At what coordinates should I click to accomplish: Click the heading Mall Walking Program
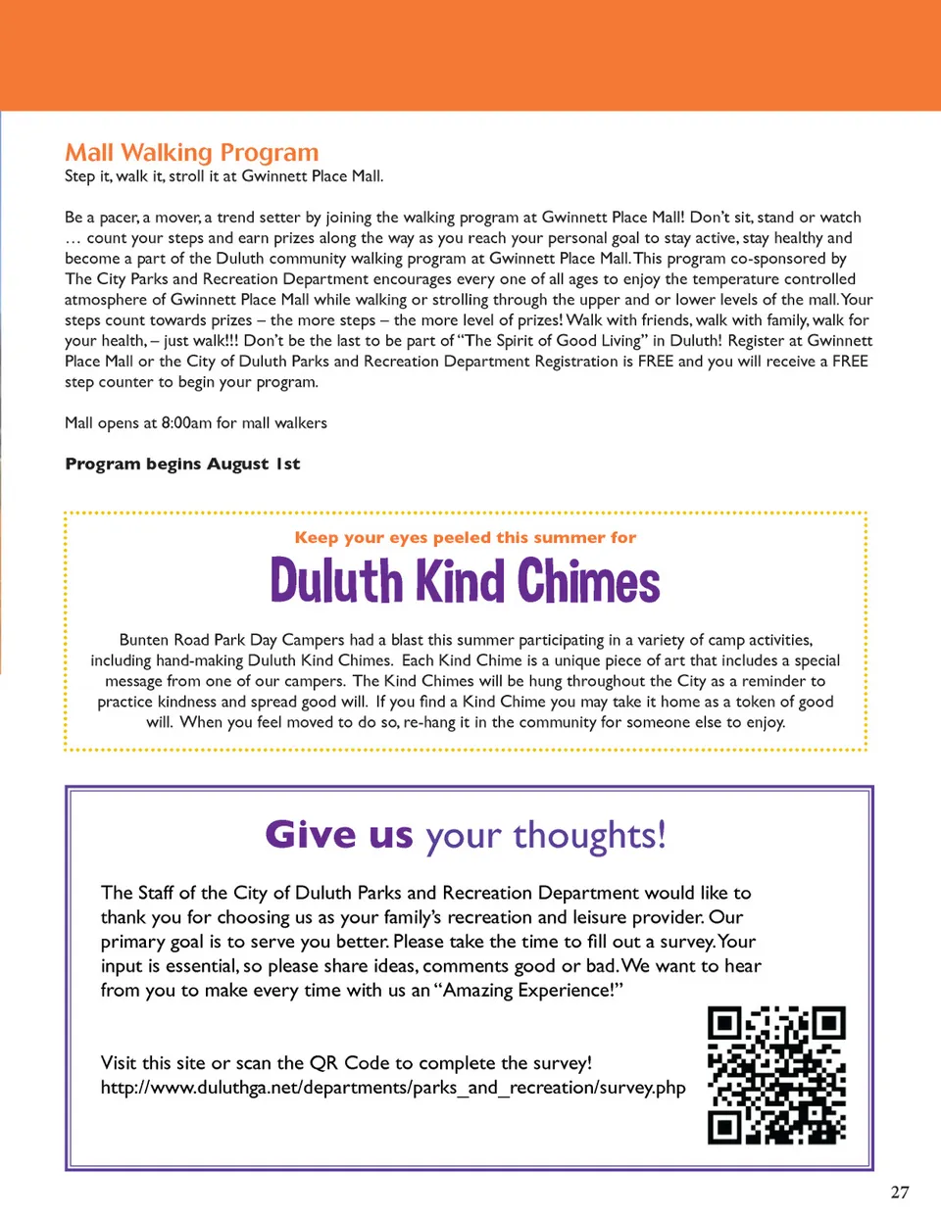pos(192,153)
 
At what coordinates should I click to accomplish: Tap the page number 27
pos(900,1193)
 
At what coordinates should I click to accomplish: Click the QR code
pos(776,1075)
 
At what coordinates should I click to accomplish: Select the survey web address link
pos(393,1088)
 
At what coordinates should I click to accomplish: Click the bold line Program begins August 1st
pos(182,464)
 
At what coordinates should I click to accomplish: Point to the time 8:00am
pos(186,423)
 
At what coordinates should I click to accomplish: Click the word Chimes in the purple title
pos(588,581)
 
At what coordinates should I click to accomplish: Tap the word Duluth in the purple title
pos(336,581)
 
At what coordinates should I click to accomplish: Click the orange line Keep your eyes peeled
pos(465,537)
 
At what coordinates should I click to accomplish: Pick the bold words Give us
pos(339,835)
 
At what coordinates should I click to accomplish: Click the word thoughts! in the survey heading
pos(589,836)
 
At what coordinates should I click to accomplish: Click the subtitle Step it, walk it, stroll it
pos(223,176)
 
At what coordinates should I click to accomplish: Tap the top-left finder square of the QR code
pos(724,1024)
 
